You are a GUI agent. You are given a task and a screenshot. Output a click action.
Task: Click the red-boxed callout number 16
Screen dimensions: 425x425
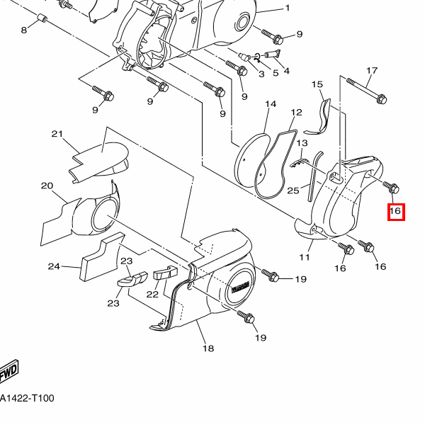point(396,212)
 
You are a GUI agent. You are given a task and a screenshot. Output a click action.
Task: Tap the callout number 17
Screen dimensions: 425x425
point(372,71)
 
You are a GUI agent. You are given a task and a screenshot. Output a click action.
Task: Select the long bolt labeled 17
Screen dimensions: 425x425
point(367,89)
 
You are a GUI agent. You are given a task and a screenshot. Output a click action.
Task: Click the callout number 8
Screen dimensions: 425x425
point(24,30)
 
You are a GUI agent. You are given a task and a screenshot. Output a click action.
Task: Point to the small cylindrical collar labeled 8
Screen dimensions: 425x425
point(42,18)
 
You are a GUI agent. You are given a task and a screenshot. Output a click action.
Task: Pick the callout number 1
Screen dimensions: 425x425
point(288,8)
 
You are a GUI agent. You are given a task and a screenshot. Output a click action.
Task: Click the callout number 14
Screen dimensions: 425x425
point(271,104)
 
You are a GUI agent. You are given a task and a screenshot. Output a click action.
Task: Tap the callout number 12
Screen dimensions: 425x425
point(296,112)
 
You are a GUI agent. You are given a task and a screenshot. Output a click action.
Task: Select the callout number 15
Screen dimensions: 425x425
point(317,84)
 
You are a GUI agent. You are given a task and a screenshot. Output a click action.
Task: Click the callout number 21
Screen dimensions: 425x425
point(57,134)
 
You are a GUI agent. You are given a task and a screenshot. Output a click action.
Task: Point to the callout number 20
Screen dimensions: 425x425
point(47,186)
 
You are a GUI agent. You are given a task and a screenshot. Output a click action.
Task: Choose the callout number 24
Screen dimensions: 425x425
point(54,266)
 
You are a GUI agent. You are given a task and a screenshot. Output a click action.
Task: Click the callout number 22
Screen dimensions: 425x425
point(152,294)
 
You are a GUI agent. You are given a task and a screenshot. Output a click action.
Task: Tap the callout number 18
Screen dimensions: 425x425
point(208,348)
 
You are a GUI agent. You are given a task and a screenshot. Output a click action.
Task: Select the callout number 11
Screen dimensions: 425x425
point(305,257)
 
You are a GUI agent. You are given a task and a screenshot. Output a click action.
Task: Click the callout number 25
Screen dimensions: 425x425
point(293,191)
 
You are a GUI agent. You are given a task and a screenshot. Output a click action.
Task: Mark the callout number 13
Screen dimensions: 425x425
point(302,143)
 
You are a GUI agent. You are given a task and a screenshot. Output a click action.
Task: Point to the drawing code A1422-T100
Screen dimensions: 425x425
point(27,398)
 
